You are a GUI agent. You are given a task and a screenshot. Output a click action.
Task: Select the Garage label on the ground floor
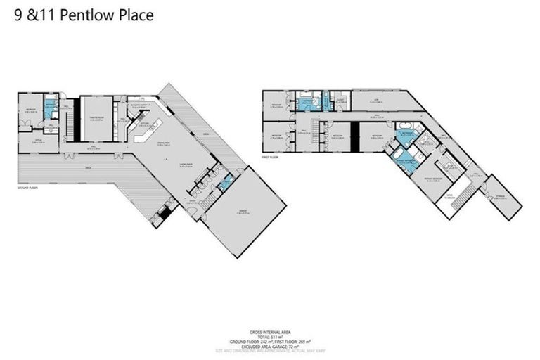(243, 204)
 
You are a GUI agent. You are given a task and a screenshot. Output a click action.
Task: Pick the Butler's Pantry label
(138, 106)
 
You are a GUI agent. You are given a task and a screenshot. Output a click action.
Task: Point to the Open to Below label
(451, 198)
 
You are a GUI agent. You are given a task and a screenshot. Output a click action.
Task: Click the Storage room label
(500, 197)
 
